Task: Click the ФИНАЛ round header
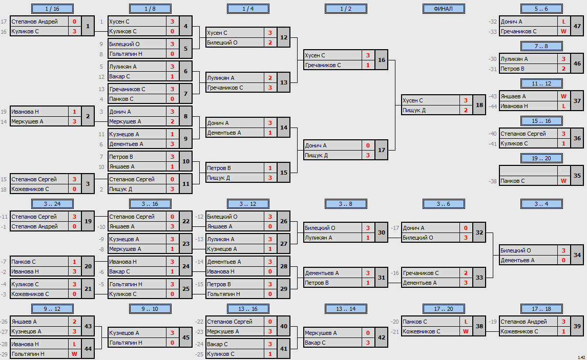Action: point(444,9)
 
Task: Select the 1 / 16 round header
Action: point(52,9)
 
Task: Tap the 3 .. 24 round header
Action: point(52,204)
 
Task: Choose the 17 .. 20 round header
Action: point(444,309)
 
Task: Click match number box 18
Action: point(479,105)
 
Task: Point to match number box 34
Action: point(577,255)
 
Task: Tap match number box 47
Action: point(577,26)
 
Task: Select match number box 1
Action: point(88,26)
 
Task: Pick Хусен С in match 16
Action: point(315,55)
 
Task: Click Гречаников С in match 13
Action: point(225,88)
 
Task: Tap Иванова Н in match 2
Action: point(25,112)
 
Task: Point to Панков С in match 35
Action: point(513,181)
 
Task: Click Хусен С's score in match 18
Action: point(466,100)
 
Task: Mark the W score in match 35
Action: point(563,181)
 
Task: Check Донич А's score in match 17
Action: point(368,145)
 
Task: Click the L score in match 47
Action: point(563,22)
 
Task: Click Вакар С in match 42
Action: point(315,343)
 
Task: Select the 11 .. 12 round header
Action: point(541,83)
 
